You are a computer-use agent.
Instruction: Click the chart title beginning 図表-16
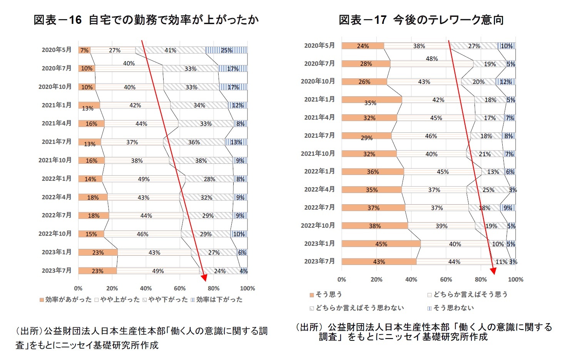146,20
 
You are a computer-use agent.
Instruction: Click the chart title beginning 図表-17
421,20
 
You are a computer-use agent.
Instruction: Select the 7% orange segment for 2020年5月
84,50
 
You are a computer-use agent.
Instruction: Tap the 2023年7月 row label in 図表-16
57,270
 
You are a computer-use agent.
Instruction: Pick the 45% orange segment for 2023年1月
381,244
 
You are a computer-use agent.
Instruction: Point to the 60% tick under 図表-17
446,280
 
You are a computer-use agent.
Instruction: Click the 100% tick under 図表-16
247,288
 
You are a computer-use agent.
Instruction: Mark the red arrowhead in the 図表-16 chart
204,278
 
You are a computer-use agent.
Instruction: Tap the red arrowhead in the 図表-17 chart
493,269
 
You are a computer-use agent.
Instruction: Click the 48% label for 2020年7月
431,59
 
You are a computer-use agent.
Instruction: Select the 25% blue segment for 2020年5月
226,50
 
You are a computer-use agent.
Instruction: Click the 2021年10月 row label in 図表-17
318,153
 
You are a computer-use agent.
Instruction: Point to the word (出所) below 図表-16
28,331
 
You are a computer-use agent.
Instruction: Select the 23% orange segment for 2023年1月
98,253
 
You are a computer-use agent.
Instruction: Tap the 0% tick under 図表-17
341,280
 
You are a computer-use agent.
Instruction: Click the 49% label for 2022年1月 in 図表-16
144,179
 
